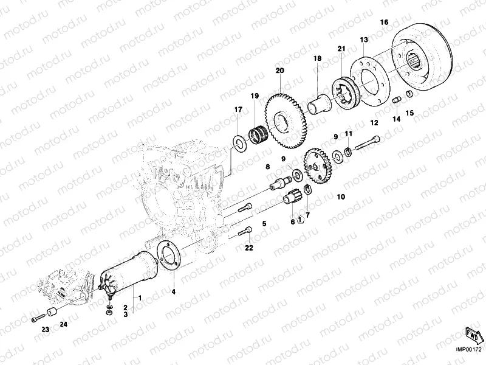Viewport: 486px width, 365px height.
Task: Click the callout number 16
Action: tap(384, 23)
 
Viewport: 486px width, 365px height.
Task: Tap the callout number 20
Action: tap(279, 71)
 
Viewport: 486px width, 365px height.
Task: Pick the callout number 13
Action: tap(364, 40)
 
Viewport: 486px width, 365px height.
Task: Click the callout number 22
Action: tap(248, 248)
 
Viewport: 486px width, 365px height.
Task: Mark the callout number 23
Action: tap(44, 329)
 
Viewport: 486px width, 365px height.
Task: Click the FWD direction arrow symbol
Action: tap(471, 334)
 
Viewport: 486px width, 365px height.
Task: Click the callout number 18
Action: tap(317, 58)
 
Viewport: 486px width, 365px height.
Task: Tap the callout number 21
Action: tap(341, 49)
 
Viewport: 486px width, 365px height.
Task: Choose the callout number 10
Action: tap(340, 196)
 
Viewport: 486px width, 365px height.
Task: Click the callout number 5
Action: tap(264, 224)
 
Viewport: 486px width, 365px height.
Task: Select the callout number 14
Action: tap(396, 119)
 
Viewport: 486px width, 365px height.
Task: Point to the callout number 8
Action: tap(267, 166)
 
